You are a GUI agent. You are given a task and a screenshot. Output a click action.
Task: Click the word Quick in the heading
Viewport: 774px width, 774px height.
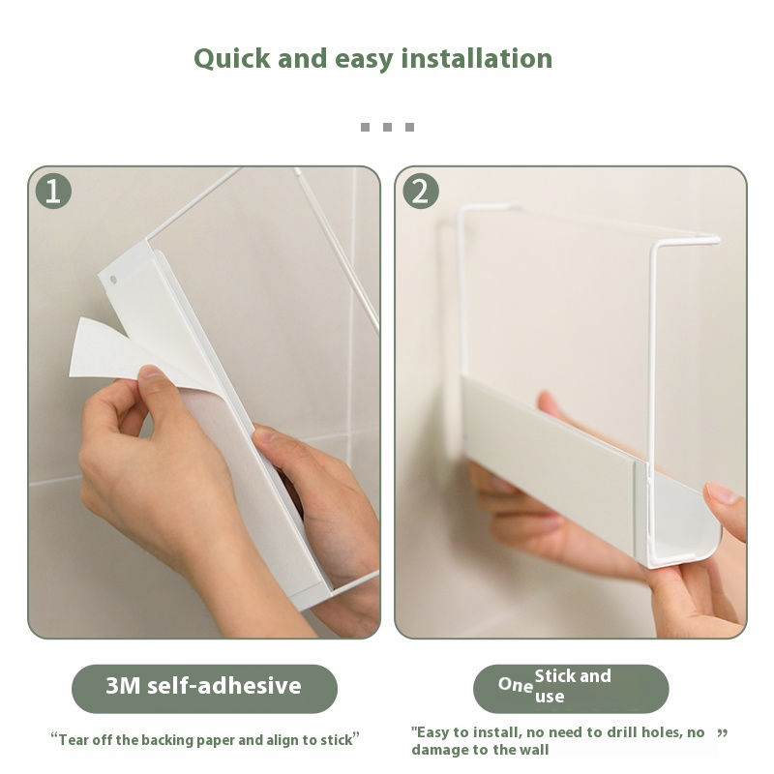point(231,59)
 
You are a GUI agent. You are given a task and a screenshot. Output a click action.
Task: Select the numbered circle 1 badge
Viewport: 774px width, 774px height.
point(53,191)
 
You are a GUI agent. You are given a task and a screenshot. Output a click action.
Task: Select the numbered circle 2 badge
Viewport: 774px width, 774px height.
point(421,191)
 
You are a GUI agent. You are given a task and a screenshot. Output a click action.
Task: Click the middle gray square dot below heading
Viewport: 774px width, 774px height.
point(388,127)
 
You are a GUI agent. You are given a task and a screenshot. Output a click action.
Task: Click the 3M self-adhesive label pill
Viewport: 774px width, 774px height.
point(204,689)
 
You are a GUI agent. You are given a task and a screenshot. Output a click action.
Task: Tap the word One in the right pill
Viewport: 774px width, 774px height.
point(515,685)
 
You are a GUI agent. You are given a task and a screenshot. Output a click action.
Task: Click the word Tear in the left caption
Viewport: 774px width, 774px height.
point(74,740)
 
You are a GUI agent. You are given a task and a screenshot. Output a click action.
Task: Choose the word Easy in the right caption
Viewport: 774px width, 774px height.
point(432,732)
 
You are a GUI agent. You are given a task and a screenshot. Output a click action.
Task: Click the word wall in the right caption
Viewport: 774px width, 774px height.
point(535,750)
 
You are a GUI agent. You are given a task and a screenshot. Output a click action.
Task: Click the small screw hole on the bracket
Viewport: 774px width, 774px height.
point(113,280)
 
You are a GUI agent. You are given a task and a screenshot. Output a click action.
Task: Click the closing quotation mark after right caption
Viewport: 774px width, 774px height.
point(722,733)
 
